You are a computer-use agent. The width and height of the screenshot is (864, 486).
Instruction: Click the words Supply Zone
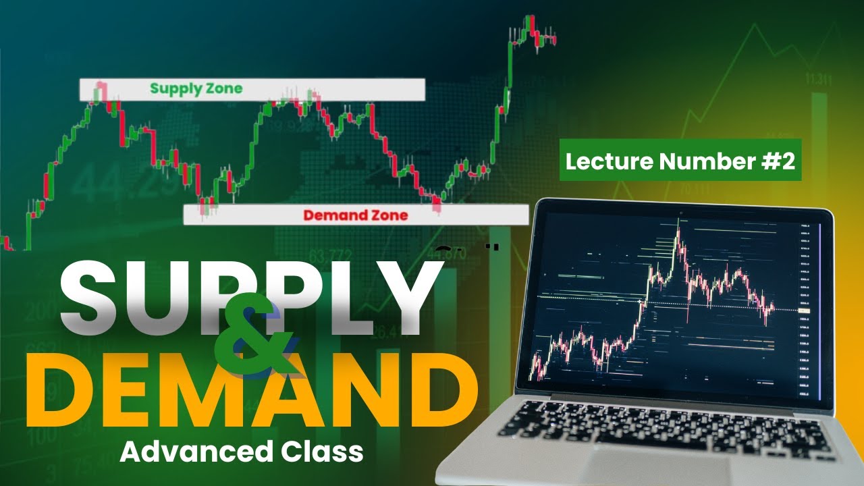[x=196, y=88]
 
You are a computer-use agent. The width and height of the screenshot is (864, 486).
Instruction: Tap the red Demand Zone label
[x=355, y=215]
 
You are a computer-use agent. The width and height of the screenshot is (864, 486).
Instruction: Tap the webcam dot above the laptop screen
[x=680, y=213]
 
